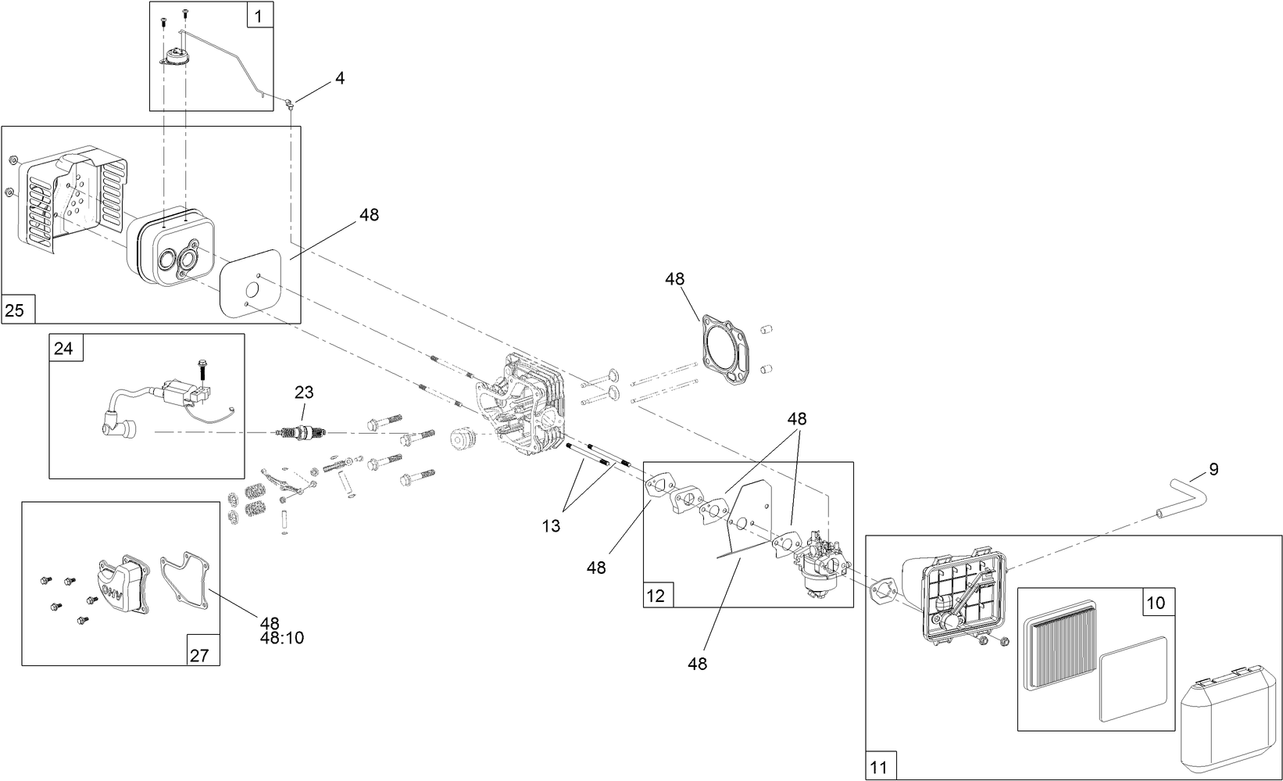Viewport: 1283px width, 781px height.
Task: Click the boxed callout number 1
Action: [259, 14]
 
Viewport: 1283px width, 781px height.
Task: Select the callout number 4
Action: [339, 77]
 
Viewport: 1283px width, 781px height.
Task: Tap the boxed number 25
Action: [15, 310]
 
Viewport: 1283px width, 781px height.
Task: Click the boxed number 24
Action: [63, 348]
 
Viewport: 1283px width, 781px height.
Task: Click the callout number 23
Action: [303, 392]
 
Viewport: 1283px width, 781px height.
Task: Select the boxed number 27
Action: [199, 654]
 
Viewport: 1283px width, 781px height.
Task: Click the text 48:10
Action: [281, 638]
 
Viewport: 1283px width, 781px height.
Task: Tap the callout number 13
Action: [551, 526]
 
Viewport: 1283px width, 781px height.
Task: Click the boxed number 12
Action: [656, 596]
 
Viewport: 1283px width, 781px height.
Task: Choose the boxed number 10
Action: [1156, 603]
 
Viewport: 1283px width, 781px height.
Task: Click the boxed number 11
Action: [879, 767]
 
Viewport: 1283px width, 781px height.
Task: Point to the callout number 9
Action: [1213, 469]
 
